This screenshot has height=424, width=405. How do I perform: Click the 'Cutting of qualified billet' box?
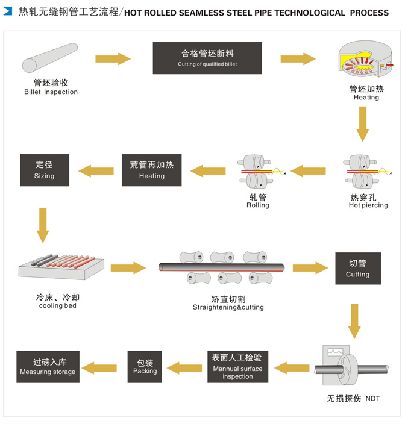(207, 58)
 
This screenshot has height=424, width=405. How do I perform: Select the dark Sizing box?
(44, 169)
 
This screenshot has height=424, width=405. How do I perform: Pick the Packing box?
(145, 367)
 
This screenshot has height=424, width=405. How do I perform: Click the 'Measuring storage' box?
(48, 367)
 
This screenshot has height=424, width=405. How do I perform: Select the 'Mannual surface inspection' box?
(237, 367)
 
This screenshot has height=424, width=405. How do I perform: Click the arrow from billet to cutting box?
(113, 58)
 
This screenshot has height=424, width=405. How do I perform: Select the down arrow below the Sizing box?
(43, 223)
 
